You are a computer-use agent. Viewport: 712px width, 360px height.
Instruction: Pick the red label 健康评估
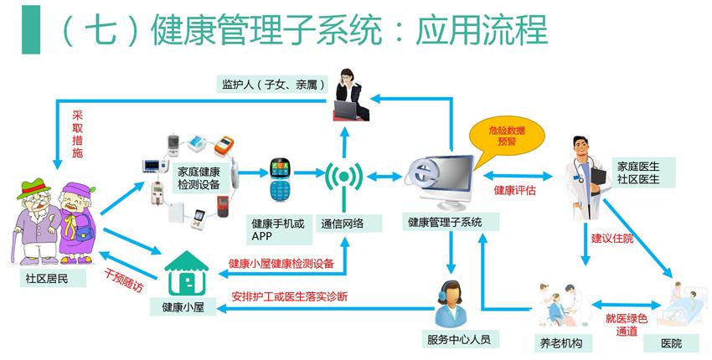point(514,192)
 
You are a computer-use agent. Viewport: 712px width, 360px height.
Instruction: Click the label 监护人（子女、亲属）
point(273,85)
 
